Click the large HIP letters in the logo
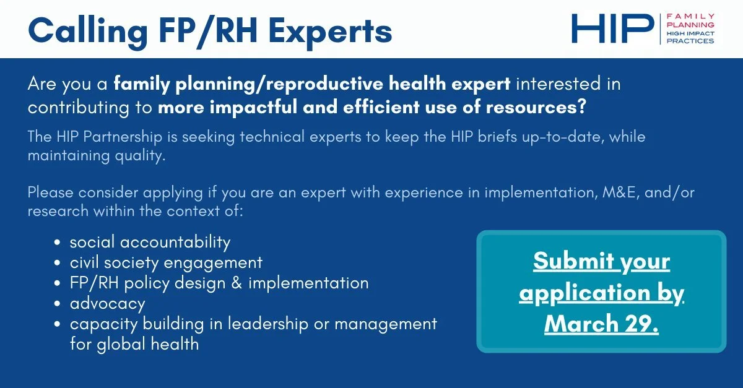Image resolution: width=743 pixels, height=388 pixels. [612, 28]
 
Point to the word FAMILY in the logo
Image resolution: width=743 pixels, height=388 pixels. [690, 16]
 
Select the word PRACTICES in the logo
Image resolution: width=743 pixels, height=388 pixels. [690, 41]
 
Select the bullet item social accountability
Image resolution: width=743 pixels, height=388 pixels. [150, 241]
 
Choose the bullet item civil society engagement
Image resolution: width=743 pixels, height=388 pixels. [166, 262]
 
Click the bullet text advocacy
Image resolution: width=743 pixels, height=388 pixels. [107, 303]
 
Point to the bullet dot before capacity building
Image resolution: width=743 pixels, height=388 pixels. [58, 324]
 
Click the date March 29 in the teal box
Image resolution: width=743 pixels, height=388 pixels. [601, 323]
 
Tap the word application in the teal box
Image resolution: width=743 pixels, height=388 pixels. [580, 292]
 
